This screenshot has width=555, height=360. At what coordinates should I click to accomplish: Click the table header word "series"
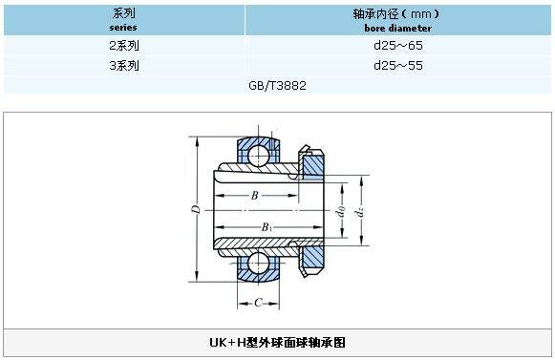(x=123, y=28)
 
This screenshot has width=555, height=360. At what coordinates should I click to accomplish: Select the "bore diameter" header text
(x=397, y=28)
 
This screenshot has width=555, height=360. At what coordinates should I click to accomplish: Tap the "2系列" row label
(x=123, y=46)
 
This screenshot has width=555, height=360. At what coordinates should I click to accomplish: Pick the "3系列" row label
(x=123, y=66)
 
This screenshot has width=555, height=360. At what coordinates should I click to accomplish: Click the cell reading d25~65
(x=398, y=46)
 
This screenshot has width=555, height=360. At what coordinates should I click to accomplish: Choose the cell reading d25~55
(x=398, y=66)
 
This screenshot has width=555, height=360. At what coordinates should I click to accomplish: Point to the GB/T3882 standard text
(x=277, y=86)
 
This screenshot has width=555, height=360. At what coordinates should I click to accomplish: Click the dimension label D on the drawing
(x=196, y=209)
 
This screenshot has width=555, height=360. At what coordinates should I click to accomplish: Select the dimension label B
(x=255, y=196)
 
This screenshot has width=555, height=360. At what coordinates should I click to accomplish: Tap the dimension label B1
(x=267, y=227)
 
